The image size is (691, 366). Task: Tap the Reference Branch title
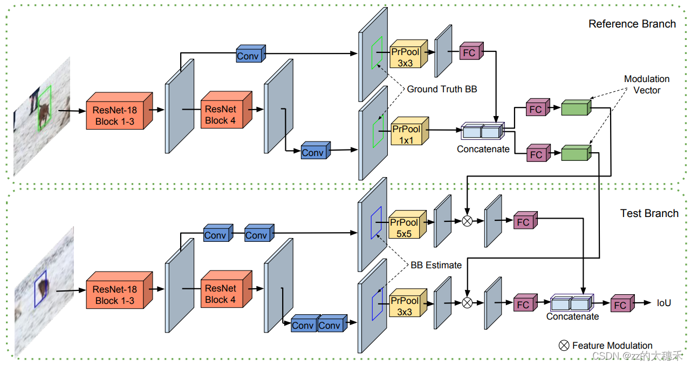(x=632, y=24)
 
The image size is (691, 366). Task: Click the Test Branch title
(x=649, y=213)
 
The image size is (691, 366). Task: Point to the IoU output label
(x=663, y=303)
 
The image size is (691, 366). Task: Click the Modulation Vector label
(x=646, y=85)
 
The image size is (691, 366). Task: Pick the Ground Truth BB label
(x=441, y=89)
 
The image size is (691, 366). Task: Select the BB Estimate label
(x=436, y=265)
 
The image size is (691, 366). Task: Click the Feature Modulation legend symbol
(x=564, y=346)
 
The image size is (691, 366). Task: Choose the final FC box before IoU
(x=620, y=305)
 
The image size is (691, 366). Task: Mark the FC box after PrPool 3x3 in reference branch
(x=469, y=53)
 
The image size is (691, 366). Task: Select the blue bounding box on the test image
(x=41, y=289)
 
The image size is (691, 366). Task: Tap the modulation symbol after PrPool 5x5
(x=467, y=221)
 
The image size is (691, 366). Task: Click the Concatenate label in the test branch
(x=572, y=317)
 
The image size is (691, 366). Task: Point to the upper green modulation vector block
(x=574, y=108)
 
